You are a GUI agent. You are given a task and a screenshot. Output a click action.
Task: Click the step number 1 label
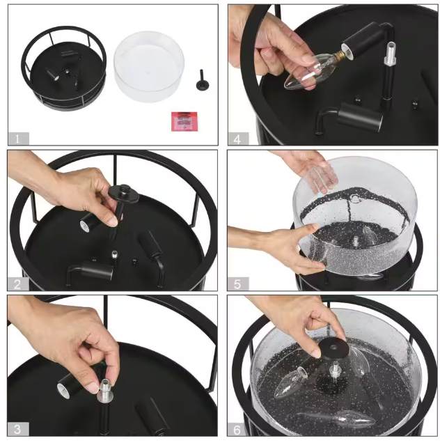click(18, 139)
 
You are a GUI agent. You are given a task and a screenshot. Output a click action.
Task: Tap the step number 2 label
click(18, 283)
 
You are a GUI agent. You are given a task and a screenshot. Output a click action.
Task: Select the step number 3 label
click(18, 429)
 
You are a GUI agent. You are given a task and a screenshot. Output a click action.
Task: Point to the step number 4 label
click(237, 139)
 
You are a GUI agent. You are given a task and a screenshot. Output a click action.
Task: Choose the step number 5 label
click(237, 284)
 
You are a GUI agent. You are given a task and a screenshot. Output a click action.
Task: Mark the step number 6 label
click(237, 430)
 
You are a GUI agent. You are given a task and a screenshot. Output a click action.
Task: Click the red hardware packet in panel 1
click(184, 121)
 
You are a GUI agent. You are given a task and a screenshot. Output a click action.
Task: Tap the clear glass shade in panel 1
click(149, 66)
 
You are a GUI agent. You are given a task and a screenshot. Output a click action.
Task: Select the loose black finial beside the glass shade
click(202, 81)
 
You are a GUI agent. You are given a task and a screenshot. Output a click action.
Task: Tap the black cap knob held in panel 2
click(124, 193)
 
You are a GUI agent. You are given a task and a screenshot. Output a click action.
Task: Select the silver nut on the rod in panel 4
click(389, 54)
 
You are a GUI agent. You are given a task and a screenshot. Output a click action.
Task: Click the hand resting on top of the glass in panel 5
click(307, 169)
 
